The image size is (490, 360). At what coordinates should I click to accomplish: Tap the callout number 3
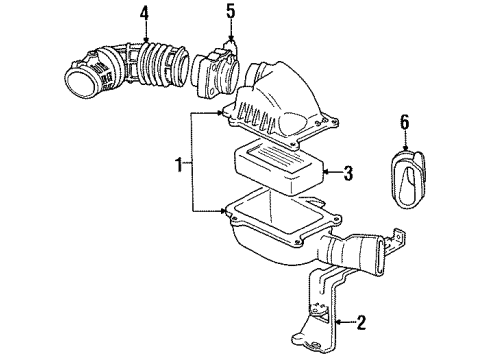tap(349, 175)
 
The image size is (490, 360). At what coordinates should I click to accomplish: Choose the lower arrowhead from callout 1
tap(225, 210)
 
